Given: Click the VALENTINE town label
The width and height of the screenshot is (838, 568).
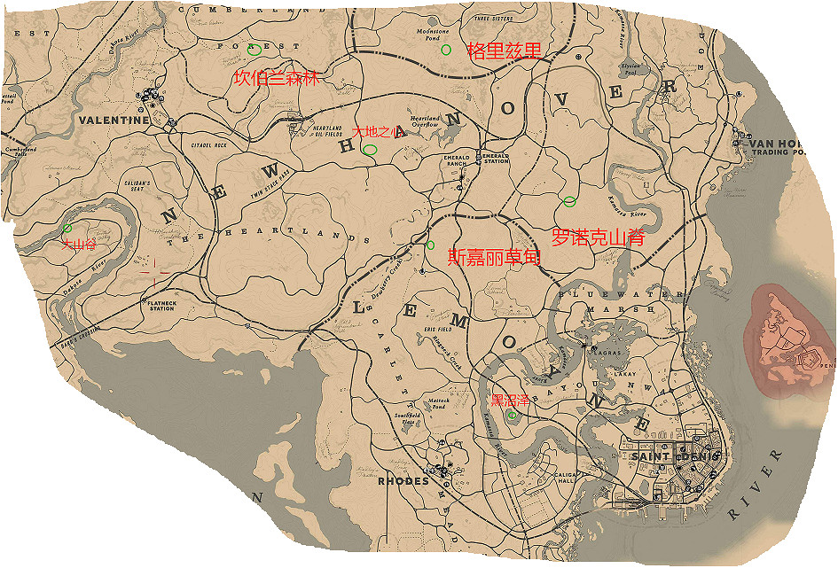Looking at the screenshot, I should click(x=114, y=120).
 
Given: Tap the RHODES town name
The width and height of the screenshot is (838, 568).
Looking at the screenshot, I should click(x=403, y=482).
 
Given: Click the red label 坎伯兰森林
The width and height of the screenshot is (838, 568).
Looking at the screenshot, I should click(x=275, y=79).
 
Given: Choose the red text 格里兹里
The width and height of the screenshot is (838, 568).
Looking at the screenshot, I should click(x=504, y=50).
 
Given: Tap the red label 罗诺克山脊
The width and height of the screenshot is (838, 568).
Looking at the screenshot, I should click(x=597, y=237).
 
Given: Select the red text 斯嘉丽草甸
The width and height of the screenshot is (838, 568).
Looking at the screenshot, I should click(x=494, y=257).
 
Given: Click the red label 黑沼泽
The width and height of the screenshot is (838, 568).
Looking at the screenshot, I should click(x=510, y=400).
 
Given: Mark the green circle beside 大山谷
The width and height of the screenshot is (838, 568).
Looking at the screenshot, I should click(x=67, y=229).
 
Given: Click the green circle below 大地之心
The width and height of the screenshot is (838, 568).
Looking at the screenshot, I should click(x=370, y=151).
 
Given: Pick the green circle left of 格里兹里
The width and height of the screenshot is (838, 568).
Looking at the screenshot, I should click(x=446, y=50).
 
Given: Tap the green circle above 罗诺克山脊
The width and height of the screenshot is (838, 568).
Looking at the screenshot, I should click(x=569, y=202).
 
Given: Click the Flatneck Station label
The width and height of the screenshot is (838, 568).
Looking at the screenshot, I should click(x=161, y=306).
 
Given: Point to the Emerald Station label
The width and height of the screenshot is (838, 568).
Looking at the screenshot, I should click(x=496, y=158).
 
